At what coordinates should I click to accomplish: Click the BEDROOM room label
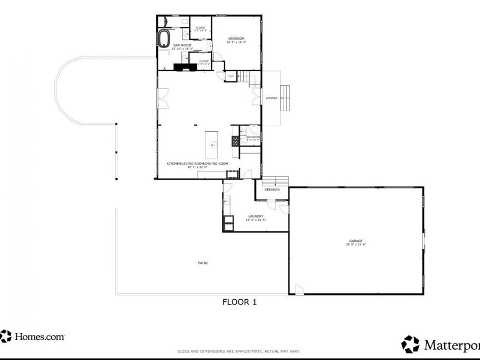(x=236, y=38)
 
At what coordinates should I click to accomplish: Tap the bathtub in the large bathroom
(x=164, y=38)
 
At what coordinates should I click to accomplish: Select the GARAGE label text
(x=356, y=241)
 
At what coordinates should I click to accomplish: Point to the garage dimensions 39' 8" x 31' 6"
(x=356, y=245)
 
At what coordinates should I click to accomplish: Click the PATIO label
(x=203, y=263)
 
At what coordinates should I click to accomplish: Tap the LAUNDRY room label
(x=255, y=216)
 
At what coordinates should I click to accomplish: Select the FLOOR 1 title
(x=239, y=302)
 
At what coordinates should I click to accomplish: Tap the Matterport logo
(x=441, y=344)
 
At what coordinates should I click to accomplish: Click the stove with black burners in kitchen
(x=235, y=141)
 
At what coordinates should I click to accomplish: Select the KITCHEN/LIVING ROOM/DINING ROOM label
(x=197, y=163)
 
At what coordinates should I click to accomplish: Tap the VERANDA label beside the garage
(x=273, y=189)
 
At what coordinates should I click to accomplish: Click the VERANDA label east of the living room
(x=272, y=98)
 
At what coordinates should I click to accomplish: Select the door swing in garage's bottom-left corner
(x=299, y=290)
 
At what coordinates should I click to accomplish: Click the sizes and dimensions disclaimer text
(x=238, y=351)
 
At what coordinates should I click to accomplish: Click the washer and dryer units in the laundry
(x=228, y=222)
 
